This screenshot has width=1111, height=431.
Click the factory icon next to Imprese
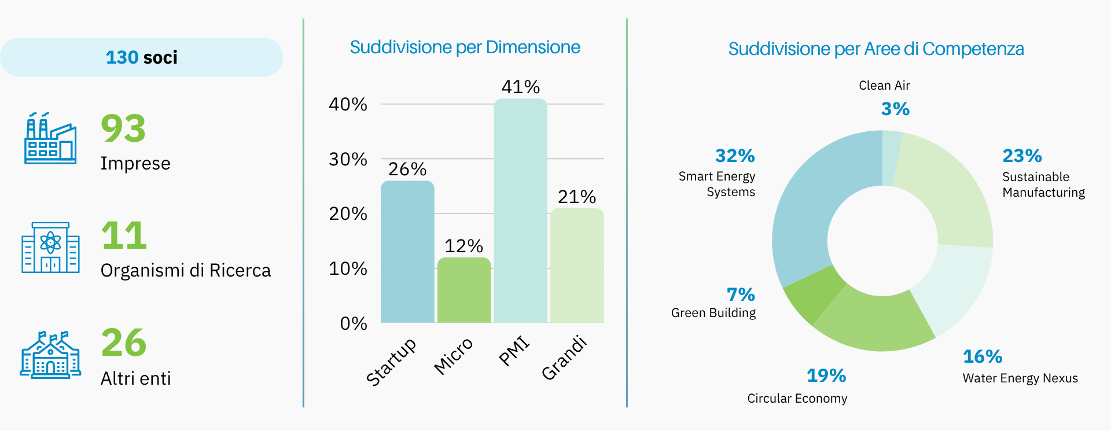pos(50,139)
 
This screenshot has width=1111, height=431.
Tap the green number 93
pos(123,128)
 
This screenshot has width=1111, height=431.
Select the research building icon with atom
pos(50,247)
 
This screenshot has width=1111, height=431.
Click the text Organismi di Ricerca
pos(185,270)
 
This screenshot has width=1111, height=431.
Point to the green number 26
pos(124,342)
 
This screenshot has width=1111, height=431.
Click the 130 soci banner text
pos(142,57)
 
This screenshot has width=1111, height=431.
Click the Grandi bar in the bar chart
pos(577,266)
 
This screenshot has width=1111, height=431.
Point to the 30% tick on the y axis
pos(348,159)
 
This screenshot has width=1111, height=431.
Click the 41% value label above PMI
pos(520,87)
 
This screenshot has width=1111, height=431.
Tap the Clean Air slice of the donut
pos(891,158)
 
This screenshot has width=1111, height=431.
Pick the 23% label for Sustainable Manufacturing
pos(1022,156)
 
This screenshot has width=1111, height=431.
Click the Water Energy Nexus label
pos(1020,378)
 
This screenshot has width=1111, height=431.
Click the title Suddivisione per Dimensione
pos(465,47)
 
